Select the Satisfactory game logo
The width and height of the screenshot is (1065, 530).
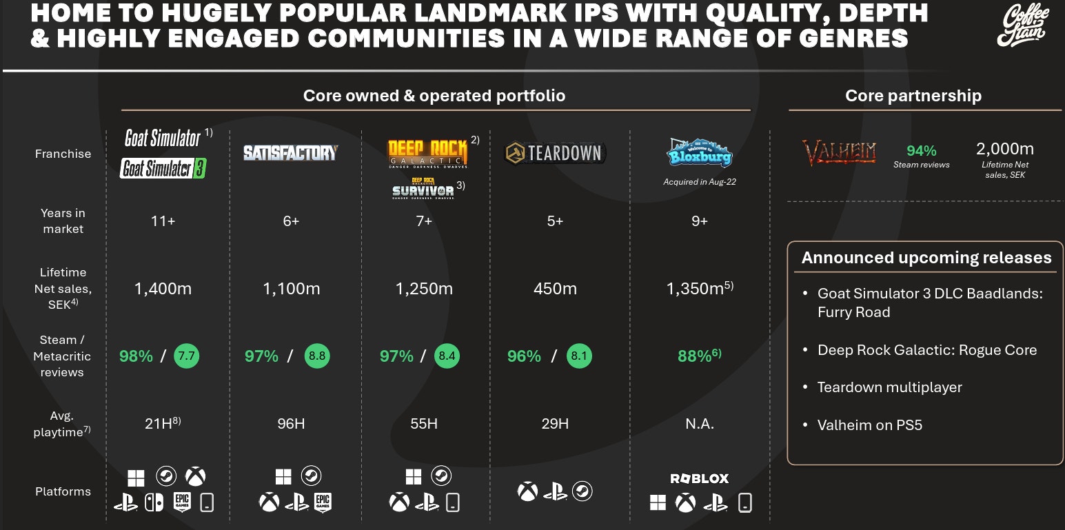(x=291, y=152)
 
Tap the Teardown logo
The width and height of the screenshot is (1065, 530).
(x=555, y=153)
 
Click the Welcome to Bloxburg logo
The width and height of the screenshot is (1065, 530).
(x=700, y=153)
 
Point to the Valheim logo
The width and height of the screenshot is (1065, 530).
(x=838, y=152)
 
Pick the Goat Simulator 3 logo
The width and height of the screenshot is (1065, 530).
(x=163, y=169)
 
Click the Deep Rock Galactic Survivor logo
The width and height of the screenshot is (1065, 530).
(x=423, y=189)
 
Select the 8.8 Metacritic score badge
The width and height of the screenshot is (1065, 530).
(x=317, y=356)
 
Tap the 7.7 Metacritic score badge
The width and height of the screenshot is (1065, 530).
(x=186, y=356)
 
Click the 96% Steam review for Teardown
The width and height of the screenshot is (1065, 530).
(x=524, y=356)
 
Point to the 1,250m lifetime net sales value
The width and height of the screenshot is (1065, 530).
(x=424, y=289)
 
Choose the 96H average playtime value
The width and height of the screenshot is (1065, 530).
(x=291, y=423)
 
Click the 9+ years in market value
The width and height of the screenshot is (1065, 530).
(x=700, y=221)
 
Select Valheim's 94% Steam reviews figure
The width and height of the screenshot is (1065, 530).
(x=921, y=150)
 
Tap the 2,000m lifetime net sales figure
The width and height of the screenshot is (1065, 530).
(x=1005, y=149)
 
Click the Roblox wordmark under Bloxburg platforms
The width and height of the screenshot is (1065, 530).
(x=700, y=478)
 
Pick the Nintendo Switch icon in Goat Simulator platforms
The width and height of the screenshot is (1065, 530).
(x=154, y=504)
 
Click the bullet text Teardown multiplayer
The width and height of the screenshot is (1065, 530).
(x=889, y=387)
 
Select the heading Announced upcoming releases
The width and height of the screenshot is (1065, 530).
(x=926, y=258)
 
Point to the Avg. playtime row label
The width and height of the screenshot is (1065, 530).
(x=62, y=424)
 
